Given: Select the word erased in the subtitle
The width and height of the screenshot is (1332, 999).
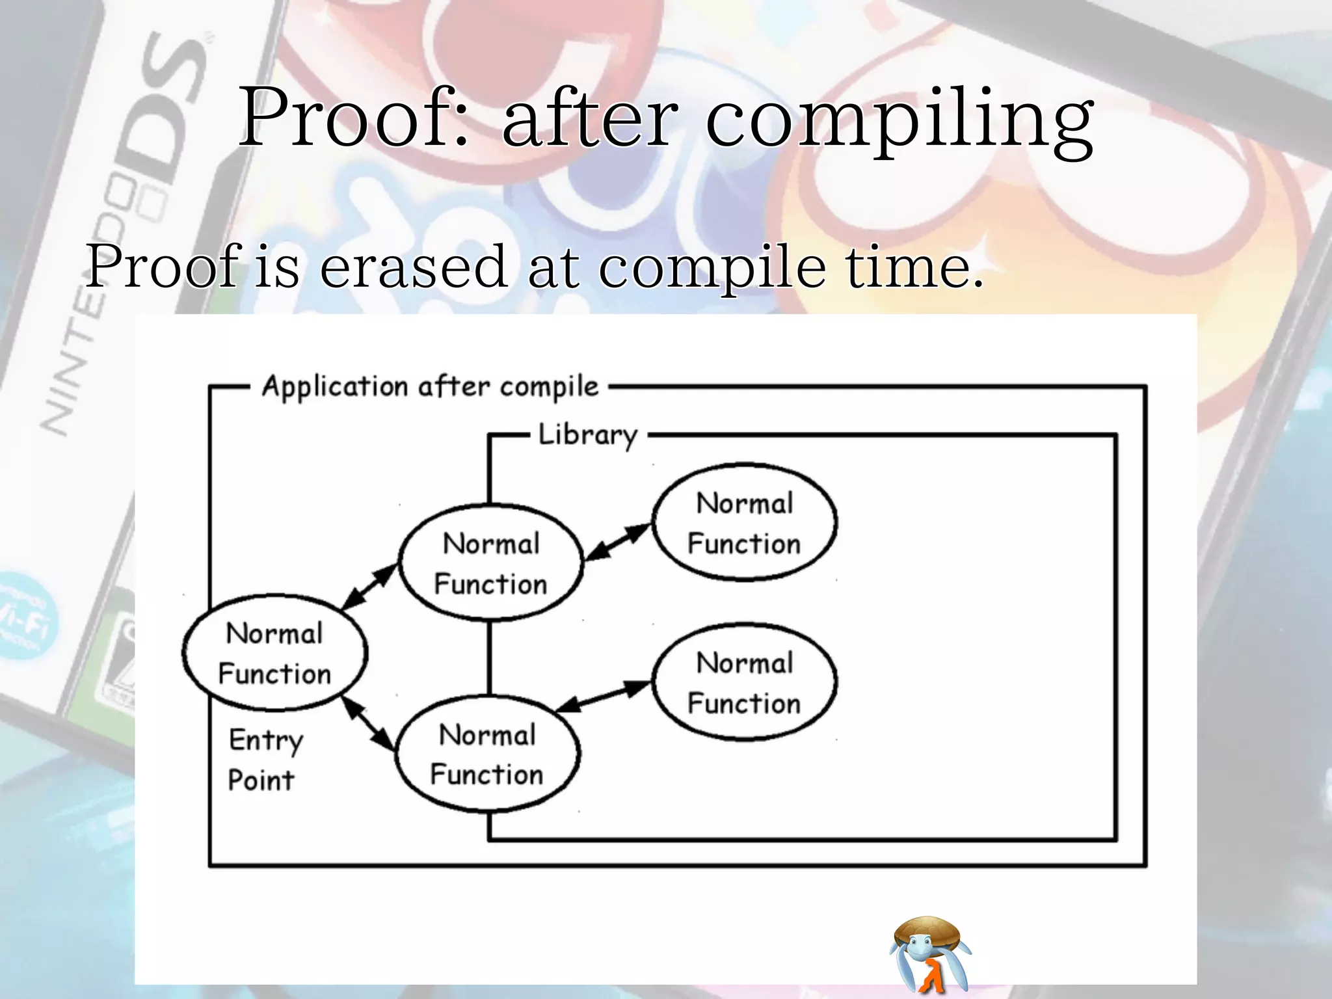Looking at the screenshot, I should pyautogui.click(x=414, y=267).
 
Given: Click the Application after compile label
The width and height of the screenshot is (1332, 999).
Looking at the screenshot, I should pyautogui.click(x=430, y=387).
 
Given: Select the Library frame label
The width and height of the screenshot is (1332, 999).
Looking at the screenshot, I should pyautogui.click(x=588, y=435).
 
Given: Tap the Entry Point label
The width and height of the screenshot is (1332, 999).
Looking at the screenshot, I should pyautogui.click(x=265, y=760).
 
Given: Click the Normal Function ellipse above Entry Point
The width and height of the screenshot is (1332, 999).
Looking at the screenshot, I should pyautogui.click(x=275, y=652).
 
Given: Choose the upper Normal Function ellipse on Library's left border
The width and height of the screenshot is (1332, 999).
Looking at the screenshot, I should pyautogui.click(x=491, y=563).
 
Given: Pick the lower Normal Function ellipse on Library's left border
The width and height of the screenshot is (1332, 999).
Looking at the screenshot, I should pyautogui.click(x=488, y=754).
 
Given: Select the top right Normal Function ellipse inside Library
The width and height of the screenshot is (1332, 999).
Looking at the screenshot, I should pyautogui.click(x=745, y=522).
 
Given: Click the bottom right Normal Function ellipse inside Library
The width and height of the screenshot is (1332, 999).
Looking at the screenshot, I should pyautogui.click(x=745, y=682).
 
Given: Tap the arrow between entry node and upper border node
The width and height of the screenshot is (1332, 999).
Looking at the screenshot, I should pyautogui.click(x=369, y=587).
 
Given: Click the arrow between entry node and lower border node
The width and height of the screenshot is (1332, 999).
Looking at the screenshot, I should pyautogui.click(x=368, y=723).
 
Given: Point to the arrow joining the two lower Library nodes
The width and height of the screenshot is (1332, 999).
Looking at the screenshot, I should pyautogui.click(x=604, y=697).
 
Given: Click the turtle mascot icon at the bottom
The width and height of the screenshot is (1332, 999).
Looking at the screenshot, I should pyautogui.click(x=929, y=953).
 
